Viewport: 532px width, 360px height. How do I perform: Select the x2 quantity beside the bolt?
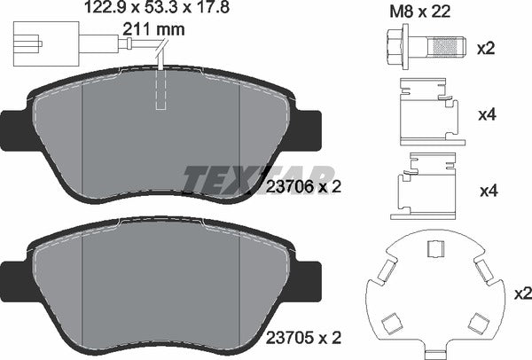tap(486, 48)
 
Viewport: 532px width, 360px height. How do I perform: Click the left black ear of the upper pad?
tap(15, 129)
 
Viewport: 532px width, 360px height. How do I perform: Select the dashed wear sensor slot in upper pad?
tap(160, 91)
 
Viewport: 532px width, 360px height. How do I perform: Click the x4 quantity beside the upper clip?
tap(486, 113)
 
